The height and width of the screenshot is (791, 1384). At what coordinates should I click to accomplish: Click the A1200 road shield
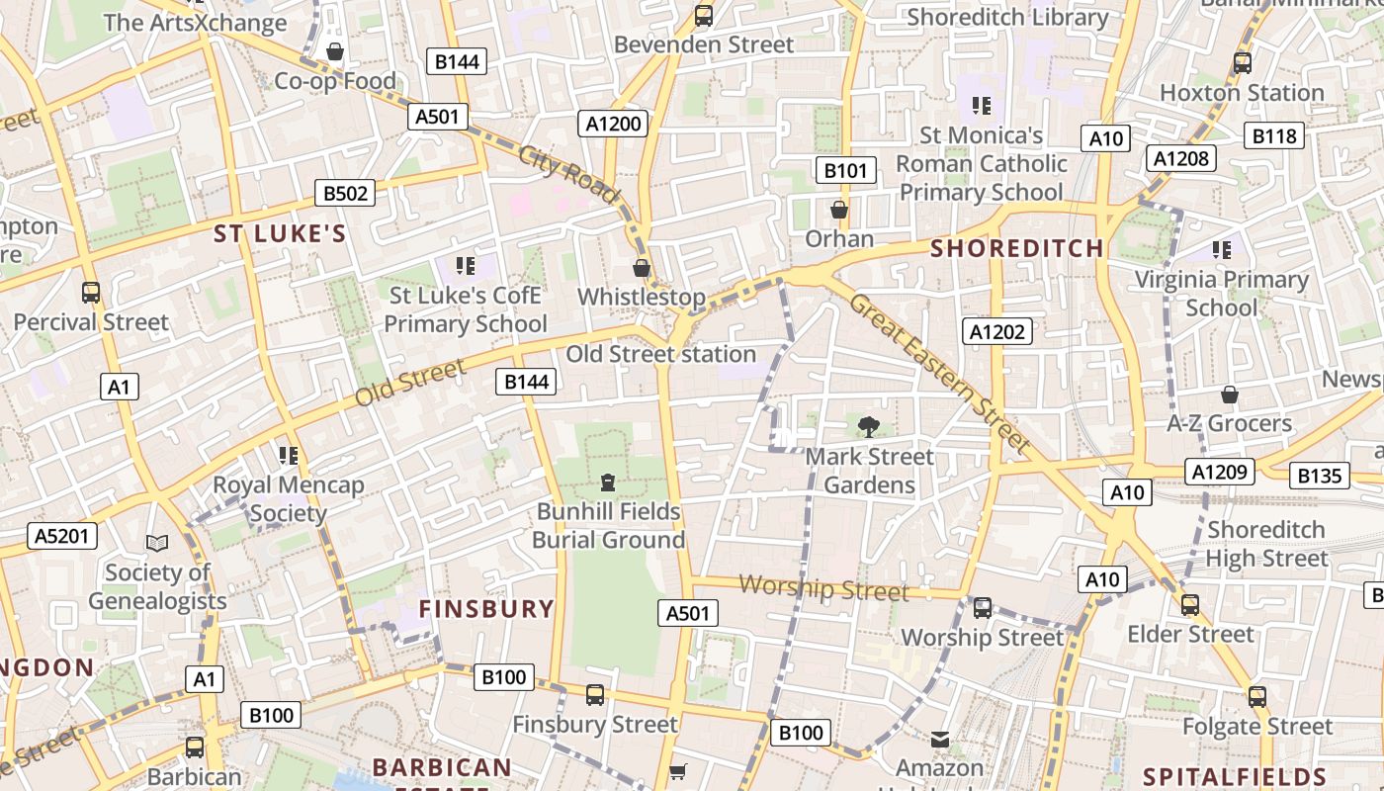click(x=614, y=124)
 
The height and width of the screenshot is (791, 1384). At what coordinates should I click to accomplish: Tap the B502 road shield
click(x=345, y=193)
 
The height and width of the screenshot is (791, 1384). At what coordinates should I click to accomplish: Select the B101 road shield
click(x=846, y=170)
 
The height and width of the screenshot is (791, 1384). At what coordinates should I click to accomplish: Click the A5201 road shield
click(x=62, y=536)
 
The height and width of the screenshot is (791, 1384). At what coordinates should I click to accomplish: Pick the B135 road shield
click(x=1319, y=477)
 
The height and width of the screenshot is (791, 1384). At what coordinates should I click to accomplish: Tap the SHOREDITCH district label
click(x=1016, y=248)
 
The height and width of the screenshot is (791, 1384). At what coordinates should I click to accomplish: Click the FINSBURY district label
click(x=486, y=608)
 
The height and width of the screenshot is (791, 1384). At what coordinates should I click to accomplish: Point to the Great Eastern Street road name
click(x=939, y=373)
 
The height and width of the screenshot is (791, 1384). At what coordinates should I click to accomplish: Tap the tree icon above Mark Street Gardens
click(x=869, y=427)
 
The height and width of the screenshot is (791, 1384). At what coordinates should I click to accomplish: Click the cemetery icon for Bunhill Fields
click(x=608, y=483)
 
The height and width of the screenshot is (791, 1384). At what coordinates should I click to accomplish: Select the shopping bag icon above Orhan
click(x=839, y=210)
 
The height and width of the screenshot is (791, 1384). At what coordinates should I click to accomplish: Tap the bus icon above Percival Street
click(x=91, y=293)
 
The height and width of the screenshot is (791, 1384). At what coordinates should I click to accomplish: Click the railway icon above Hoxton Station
click(x=1243, y=63)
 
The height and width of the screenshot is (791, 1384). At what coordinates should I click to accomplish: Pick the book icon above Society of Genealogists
click(x=157, y=543)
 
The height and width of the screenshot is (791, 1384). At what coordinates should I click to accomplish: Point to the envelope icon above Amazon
click(x=940, y=739)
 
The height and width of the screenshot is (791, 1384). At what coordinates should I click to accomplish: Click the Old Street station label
click(x=660, y=354)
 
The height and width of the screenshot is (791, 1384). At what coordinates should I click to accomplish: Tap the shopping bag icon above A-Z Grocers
click(x=1229, y=395)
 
